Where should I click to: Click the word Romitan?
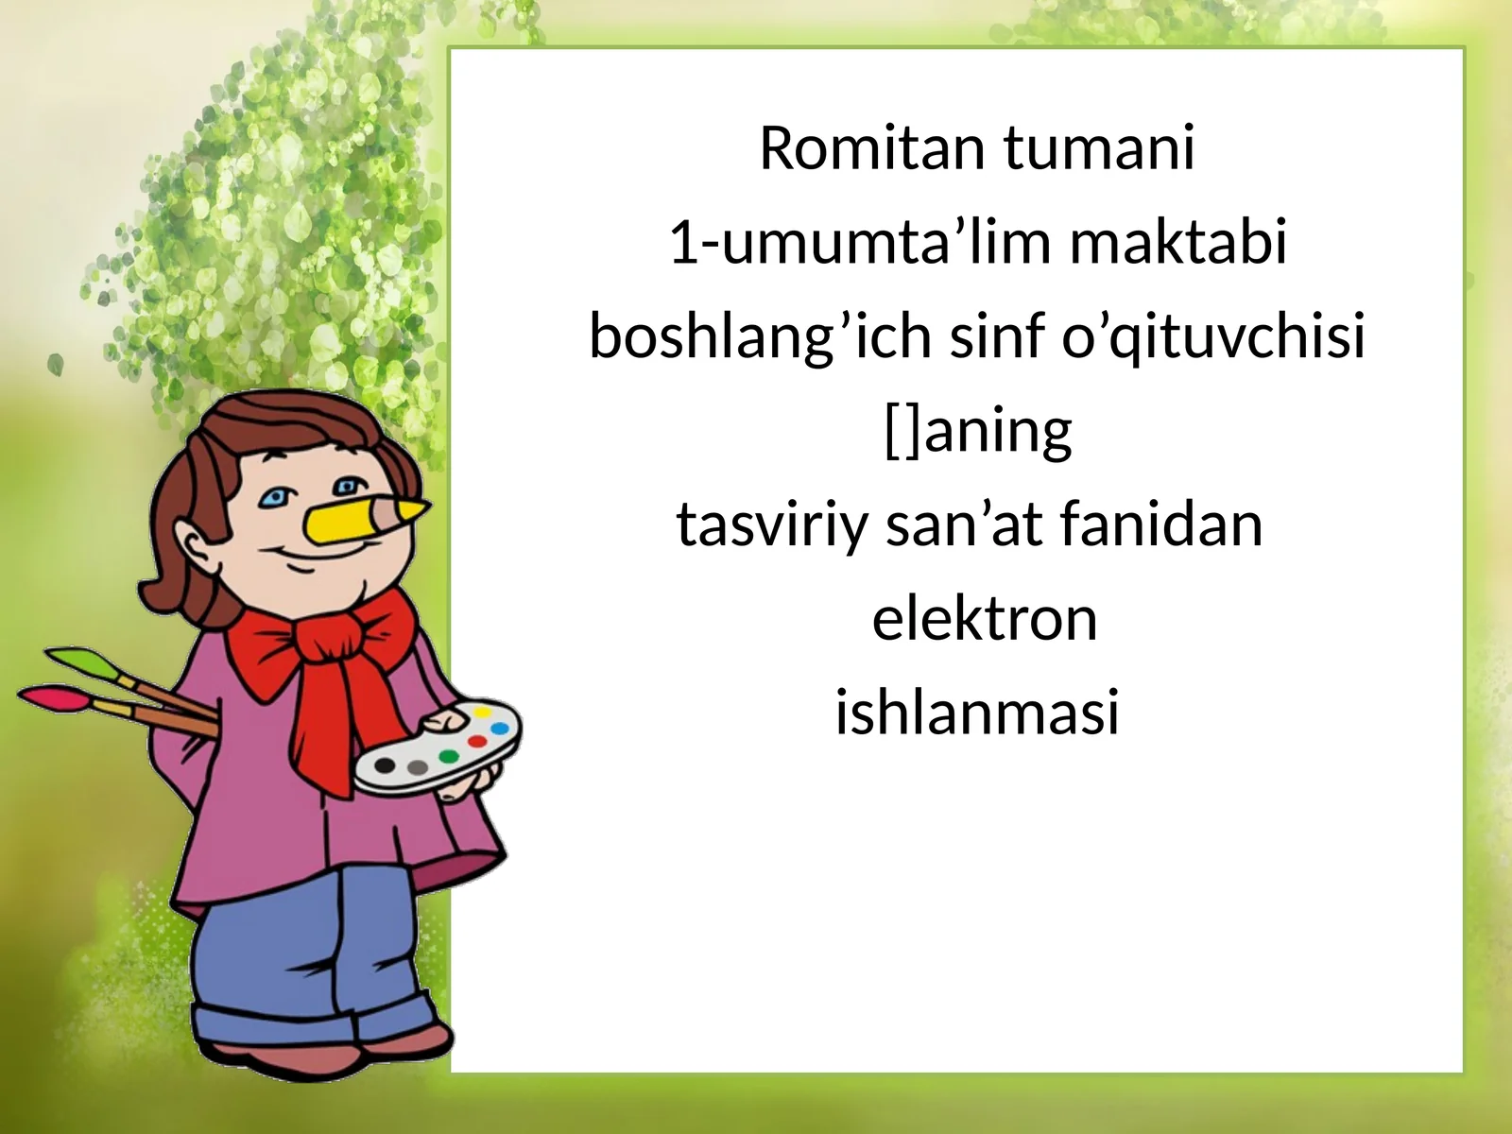click(872, 147)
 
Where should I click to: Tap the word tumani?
click(1098, 147)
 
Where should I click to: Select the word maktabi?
click(1177, 242)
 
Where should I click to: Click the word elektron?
click(985, 618)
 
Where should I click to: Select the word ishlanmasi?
click(977, 712)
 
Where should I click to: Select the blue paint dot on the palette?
click(499, 728)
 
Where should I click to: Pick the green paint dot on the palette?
click(449, 756)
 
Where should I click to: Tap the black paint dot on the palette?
click(385, 765)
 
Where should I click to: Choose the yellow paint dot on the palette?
click(482, 712)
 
